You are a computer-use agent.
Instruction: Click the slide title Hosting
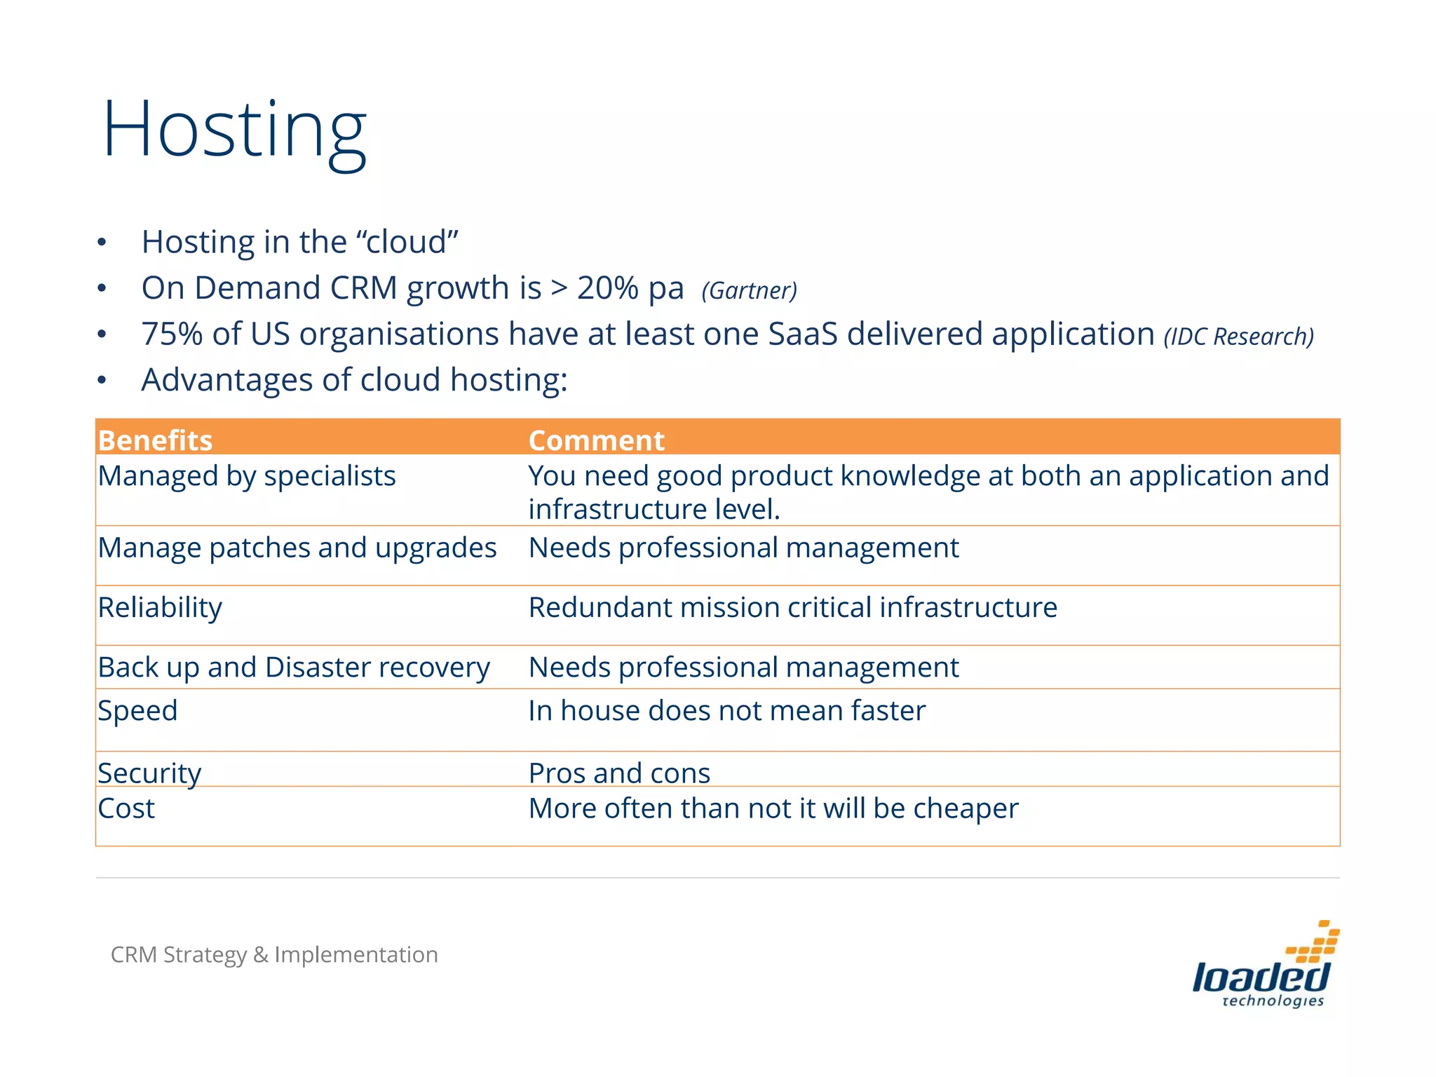click(234, 131)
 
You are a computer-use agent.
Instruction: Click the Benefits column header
click(155, 440)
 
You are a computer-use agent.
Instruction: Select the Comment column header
click(596, 440)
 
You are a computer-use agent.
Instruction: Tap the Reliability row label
click(160, 608)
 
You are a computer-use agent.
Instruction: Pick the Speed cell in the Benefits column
click(137, 711)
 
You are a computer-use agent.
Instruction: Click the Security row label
click(149, 773)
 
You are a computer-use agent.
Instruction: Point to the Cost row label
click(126, 808)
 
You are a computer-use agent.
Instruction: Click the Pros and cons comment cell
click(619, 773)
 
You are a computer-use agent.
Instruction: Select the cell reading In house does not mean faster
click(726, 711)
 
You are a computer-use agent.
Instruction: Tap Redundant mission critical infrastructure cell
click(792, 608)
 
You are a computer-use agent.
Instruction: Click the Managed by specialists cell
click(247, 476)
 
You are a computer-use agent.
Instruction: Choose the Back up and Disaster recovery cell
click(294, 668)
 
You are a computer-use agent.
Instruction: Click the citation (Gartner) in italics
click(749, 290)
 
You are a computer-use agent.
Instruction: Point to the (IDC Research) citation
click(1238, 337)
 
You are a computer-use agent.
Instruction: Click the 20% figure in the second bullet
click(607, 288)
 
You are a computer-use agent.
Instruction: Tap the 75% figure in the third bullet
click(172, 334)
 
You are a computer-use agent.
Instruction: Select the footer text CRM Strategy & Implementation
click(274, 954)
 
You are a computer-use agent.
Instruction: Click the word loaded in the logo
click(1260, 976)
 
